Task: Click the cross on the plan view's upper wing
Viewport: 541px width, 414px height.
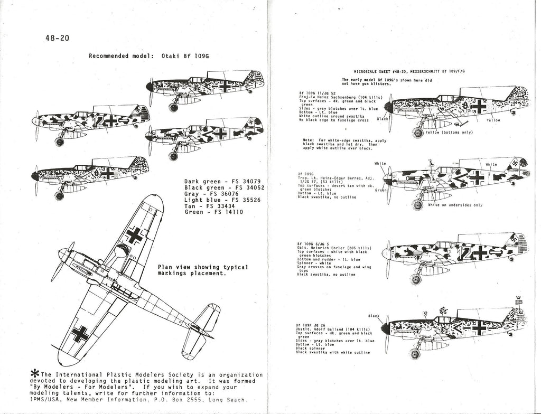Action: [134, 236]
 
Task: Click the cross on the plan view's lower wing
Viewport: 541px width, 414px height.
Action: [80, 334]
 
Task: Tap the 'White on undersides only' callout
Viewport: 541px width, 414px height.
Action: [455, 204]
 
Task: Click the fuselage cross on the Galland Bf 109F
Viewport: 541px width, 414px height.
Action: [479, 329]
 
